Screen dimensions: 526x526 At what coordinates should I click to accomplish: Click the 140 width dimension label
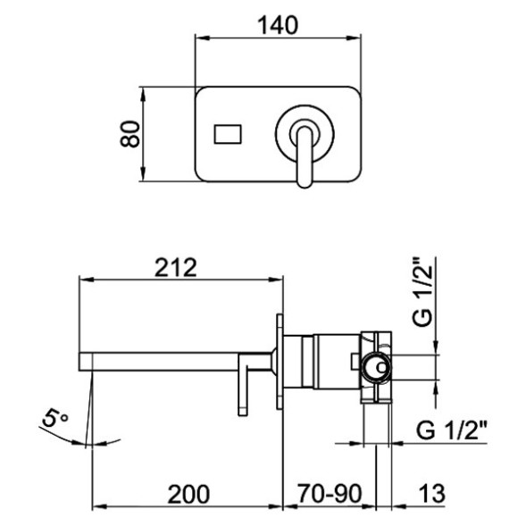278,26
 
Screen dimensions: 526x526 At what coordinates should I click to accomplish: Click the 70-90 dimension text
331,493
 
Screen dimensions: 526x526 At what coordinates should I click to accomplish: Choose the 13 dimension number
428,493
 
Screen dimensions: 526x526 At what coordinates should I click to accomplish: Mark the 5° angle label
55,418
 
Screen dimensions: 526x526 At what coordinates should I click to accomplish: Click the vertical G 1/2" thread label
423,290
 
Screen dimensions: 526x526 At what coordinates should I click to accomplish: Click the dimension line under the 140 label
278,39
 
